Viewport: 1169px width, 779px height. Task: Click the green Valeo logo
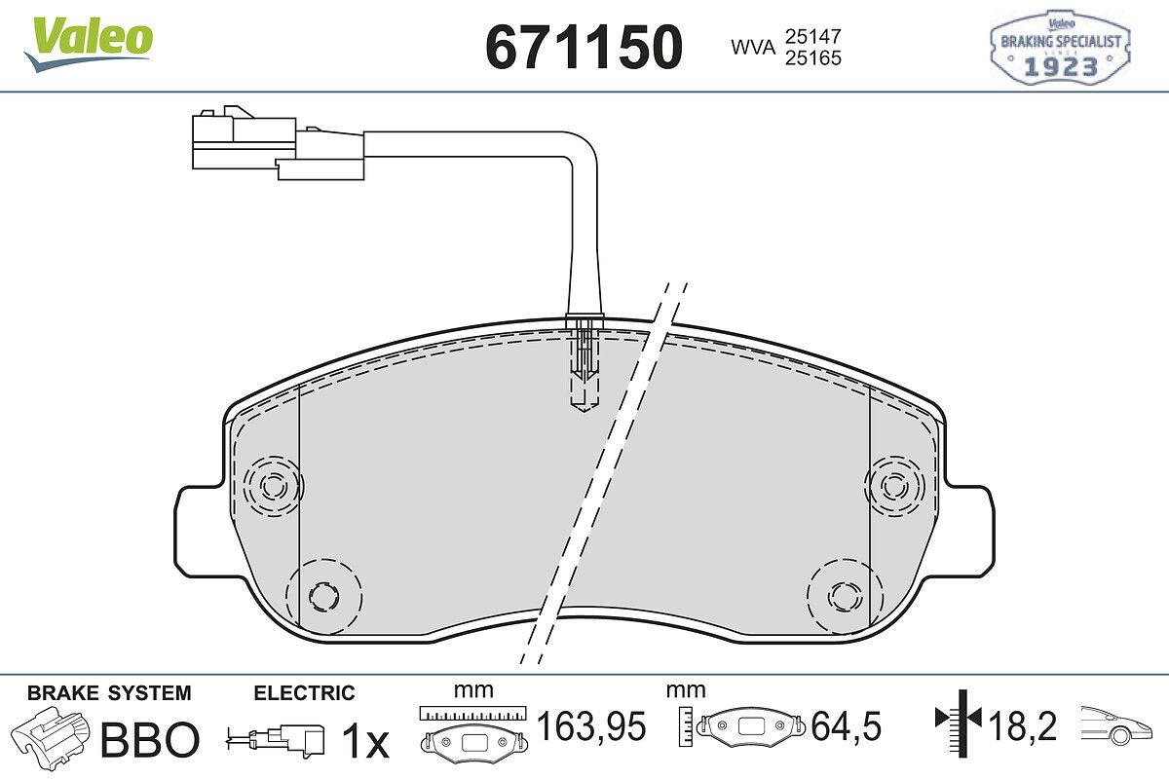pyautogui.click(x=89, y=45)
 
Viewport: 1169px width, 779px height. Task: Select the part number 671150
pyautogui.click(x=584, y=47)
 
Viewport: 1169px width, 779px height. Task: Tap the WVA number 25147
pyautogui.click(x=813, y=37)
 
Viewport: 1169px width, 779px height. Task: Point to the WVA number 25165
pyautogui.click(x=813, y=57)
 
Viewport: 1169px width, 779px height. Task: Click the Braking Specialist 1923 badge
pyautogui.click(x=1061, y=48)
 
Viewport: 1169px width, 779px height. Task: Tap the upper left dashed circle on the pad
pyautogui.click(x=273, y=486)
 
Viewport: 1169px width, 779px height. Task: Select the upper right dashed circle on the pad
pyautogui.click(x=894, y=486)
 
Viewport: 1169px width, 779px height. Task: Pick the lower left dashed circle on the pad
pyautogui.click(x=324, y=596)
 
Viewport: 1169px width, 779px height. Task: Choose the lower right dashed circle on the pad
pyautogui.click(x=845, y=596)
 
